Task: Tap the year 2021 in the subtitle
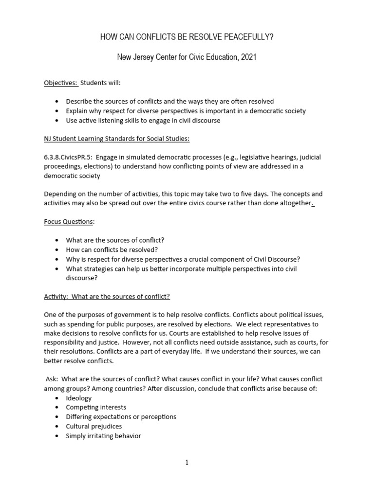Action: pos(247,58)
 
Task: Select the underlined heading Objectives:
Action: pos(61,83)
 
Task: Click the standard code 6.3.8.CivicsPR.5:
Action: pos(73,158)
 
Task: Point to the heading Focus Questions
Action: pos(68,222)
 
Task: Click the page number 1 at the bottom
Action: pos(187,463)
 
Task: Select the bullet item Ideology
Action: pos(78,398)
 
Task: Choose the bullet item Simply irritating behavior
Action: pos(103,436)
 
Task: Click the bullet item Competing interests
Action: pos(96,408)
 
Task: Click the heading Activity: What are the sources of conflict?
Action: pos(107,296)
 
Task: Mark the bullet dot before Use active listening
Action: pos(57,121)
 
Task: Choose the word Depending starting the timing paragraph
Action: pos(61,195)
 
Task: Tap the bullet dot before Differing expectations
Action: pos(57,417)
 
